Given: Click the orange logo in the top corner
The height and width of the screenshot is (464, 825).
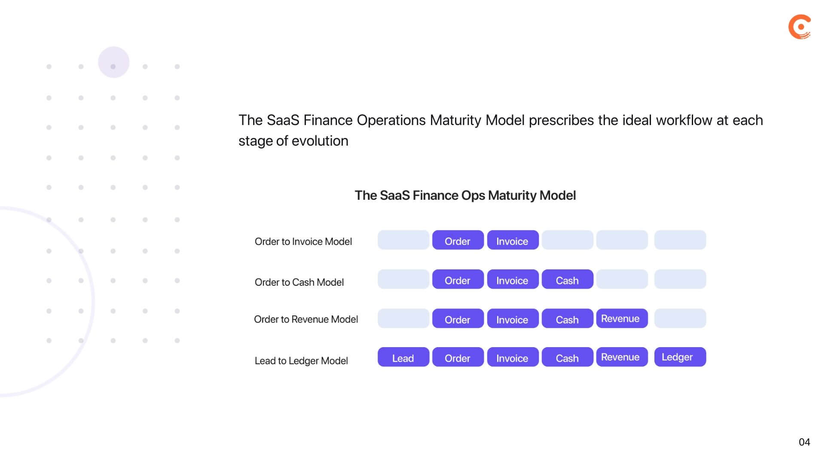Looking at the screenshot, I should point(800,27).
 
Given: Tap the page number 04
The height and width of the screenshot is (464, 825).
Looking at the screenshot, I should point(804,442).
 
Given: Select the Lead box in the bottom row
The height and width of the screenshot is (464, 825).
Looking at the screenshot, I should point(403,357).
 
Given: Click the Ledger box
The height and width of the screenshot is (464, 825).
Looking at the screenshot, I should point(680,357).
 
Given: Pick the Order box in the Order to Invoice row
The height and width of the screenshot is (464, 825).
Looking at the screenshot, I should point(458,240).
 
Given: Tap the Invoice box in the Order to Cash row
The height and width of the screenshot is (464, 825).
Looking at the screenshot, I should point(512,280).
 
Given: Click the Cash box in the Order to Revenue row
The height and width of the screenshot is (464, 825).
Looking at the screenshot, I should point(567,319).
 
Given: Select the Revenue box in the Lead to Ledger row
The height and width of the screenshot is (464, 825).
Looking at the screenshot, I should point(621,357).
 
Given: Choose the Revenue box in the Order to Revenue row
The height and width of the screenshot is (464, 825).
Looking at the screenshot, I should point(621,318).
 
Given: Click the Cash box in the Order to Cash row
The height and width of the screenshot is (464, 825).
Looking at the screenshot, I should point(567,280).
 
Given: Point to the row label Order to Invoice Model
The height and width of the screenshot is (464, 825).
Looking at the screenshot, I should point(303,241).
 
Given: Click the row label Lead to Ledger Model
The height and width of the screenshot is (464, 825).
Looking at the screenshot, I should point(301,361).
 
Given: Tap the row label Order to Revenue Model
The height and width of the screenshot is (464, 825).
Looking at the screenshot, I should point(306,319).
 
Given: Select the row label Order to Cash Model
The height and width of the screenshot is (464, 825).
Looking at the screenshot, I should point(299,282).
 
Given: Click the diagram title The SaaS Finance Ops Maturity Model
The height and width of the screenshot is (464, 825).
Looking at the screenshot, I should point(465,195).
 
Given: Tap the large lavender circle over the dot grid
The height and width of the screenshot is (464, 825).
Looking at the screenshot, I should point(113,62).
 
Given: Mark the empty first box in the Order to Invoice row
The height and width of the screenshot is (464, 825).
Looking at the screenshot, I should point(403,240).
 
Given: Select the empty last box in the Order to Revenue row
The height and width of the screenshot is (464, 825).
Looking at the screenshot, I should point(680,318).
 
